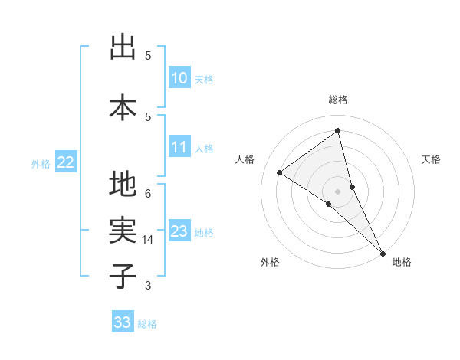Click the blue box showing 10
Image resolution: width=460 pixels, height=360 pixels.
(x=179, y=78)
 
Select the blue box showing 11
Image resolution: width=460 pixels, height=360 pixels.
(x=179, y=148)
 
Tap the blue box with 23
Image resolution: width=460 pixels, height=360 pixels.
(x=179, y=231)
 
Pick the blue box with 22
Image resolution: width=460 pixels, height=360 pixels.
(x=66, y=162)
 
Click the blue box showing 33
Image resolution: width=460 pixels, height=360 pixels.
(x=123, y=322)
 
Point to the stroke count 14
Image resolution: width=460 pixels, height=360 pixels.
(x=148, y=240)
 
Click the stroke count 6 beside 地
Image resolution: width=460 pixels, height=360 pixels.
(x=148, y=193)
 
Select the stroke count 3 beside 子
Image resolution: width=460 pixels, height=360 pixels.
(x=148, y=286)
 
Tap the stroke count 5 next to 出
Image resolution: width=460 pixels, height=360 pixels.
(x=148, y=55)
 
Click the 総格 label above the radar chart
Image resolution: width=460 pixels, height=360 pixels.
(x=338, y=100)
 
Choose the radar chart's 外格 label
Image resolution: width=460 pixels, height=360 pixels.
(x=270, y=263)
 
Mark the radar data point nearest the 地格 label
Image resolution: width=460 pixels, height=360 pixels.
(x=382, y=253)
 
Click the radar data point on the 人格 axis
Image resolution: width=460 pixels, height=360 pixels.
(x=279, y=172)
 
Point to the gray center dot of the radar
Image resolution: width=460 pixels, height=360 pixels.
(x=337, y=190)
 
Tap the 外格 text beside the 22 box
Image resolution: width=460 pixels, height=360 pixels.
(x=41, y=163)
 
